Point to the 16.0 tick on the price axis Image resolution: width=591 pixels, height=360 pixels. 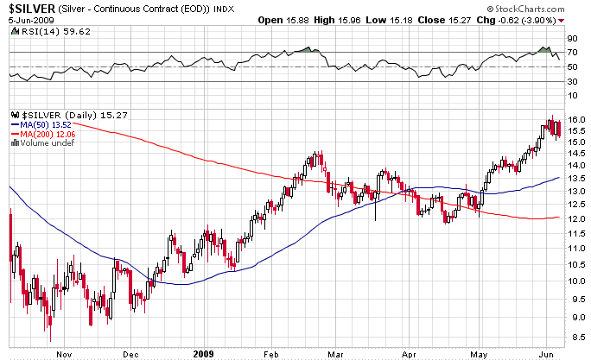click(x=576, y=120)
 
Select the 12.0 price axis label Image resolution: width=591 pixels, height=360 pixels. click(x=576, y=218)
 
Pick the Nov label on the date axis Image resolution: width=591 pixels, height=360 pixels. click(x=62, y=353)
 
